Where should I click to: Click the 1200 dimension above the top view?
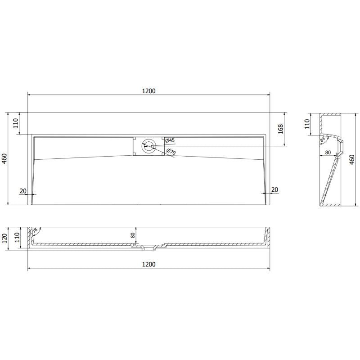point(149,91)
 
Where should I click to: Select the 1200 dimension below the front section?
point(149,265)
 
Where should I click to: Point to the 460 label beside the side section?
point(352,159)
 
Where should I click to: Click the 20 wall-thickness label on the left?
point(23,190)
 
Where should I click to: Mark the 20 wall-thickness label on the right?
point(274,190)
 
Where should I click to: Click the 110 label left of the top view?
point(16,123)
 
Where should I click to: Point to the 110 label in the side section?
point(307,124)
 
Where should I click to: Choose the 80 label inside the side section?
point(328,153)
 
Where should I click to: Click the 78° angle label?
point(35,232)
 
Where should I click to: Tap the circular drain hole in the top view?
point(148,146)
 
